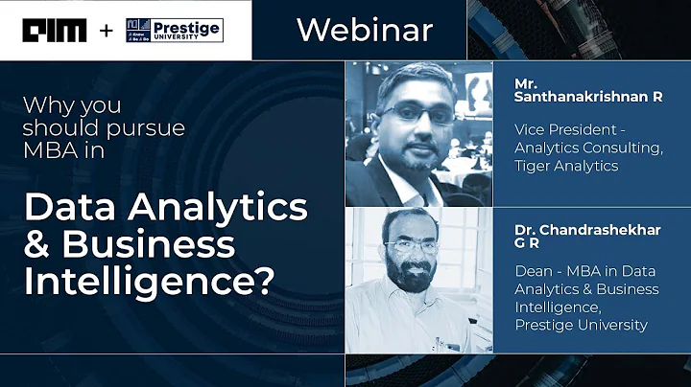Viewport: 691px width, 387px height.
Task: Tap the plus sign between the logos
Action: click(x=106, y=31)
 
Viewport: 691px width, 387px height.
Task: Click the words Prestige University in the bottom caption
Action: click(x=581, y=324)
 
